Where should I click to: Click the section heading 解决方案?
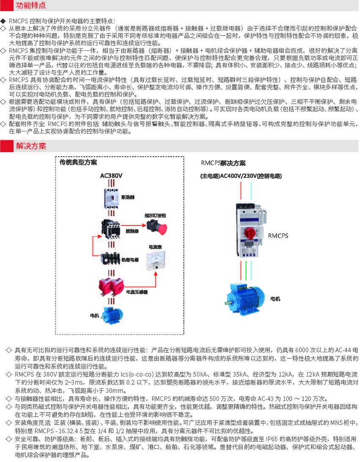tap(31, 147)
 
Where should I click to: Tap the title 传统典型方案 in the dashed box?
tap(78, 163)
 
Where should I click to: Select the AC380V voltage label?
tap(111, 175)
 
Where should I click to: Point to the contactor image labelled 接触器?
tap(110, 227)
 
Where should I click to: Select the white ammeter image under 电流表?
tap(155, 259)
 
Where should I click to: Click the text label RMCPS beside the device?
tap(278, 235)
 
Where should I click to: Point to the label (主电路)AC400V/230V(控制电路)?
tap(241, 176)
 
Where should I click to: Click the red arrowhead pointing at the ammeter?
tap(155, 273)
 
